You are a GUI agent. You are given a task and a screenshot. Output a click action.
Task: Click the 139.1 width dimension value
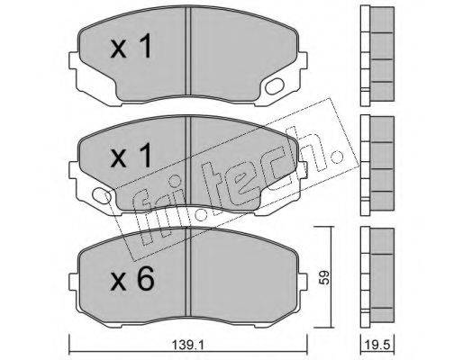pos(188,346)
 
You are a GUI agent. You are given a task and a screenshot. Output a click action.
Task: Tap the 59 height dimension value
pos(324,277)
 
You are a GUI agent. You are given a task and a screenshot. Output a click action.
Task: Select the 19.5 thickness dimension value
pos(377,346)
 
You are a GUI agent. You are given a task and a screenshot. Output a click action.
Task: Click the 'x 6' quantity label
pos(132,278)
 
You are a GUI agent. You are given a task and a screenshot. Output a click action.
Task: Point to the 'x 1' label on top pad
pos(131,47)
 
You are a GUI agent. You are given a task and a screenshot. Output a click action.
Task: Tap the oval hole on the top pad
pos(275,86)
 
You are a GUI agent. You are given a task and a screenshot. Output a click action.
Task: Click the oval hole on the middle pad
pos(102,194)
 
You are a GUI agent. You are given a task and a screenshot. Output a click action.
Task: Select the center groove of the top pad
pos(188,51)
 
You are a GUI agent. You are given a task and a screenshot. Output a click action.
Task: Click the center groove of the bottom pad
pos(188,272)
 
